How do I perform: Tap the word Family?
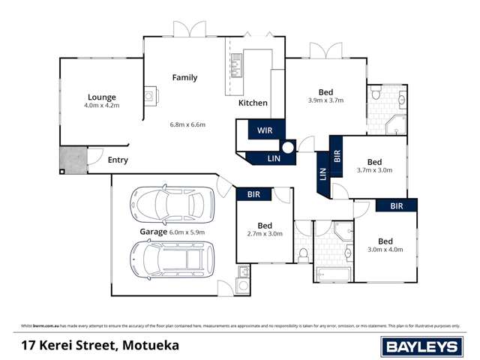click(x=184, y=77)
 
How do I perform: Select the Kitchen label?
click(x=253, y=103)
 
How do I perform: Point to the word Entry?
click(x=118, y=160)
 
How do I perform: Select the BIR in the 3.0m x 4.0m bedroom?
click(x=397, y=205)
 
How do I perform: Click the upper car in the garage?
click(x=172, y=203)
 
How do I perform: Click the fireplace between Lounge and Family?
click(x=150, y=95)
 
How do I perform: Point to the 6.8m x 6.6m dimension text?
click(x=187, y=124)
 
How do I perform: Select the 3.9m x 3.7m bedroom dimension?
click(x=325, y=100)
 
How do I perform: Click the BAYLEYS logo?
click(x=423, y=346)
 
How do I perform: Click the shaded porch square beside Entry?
click(x=73, y=158)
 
